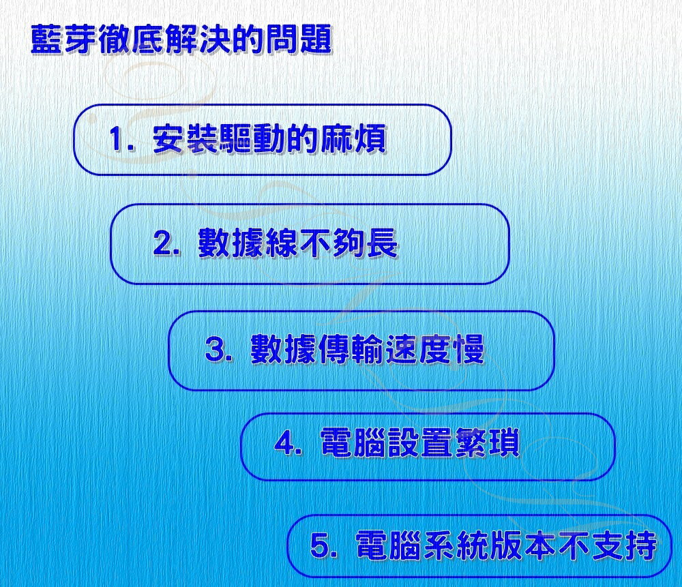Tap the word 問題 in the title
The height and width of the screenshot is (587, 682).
[299, 40]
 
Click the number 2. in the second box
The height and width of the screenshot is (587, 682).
[166, 243]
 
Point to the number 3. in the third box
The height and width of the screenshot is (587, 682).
[219, 348]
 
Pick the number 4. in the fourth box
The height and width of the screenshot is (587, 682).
[288, 442]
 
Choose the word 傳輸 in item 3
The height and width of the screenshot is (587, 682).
[351, 348]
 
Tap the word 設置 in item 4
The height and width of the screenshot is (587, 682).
[420, 442]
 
